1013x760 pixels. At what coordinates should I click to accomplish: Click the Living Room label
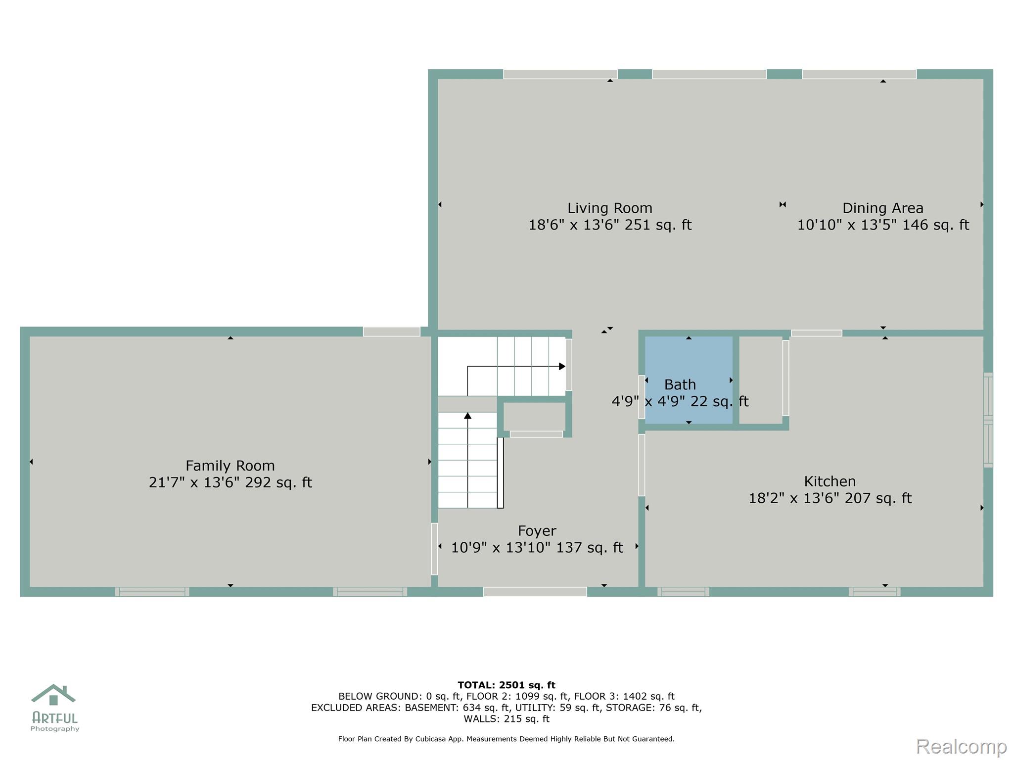point(609,208)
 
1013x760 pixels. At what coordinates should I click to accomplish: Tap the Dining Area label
point(882,208)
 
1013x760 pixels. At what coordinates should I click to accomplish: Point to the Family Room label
point(230,466)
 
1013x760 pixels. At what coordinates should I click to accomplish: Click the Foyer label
point(537,531)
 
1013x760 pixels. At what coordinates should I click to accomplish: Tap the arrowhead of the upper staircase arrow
point(562,367)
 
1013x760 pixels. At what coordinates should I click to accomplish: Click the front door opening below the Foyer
point(535,592)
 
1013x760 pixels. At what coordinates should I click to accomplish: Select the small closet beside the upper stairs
point(534,417)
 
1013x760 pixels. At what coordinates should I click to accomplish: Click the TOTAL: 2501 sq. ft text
point(506,685)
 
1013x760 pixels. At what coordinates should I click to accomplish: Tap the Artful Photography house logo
point(53,695)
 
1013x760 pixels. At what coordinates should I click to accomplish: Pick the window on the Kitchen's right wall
point(988,420)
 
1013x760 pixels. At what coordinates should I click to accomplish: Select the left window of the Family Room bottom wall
point(152,592)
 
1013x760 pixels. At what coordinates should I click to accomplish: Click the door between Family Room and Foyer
point(434,549)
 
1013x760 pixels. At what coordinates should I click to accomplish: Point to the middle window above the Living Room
point(709,74)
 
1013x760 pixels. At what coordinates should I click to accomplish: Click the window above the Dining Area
point(859,74)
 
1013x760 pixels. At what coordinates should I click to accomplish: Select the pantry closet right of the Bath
point(761,380)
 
